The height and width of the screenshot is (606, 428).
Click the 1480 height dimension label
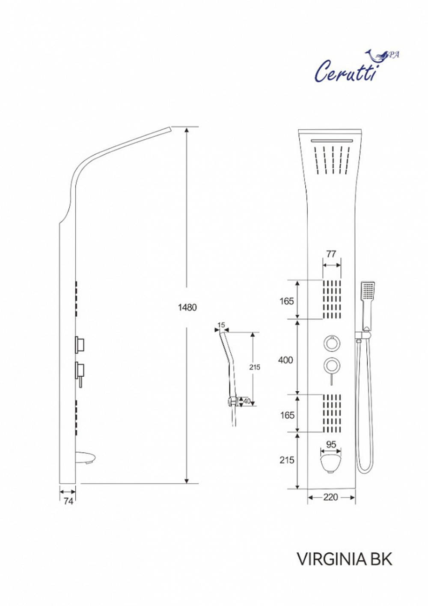[x=187, y=307]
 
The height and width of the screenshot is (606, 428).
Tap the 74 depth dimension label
[x=68, y=501]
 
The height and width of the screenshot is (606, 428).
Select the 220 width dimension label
[x=330, y=497]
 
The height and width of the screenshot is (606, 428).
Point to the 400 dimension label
[x=285, y=360]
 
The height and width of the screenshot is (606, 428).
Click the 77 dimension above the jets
[x=331, y=254]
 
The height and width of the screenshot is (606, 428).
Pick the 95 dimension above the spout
[x=331, y=444]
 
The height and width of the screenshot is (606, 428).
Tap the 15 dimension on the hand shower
[x=221, y=325]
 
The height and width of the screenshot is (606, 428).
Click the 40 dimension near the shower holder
[x=247, y=401]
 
